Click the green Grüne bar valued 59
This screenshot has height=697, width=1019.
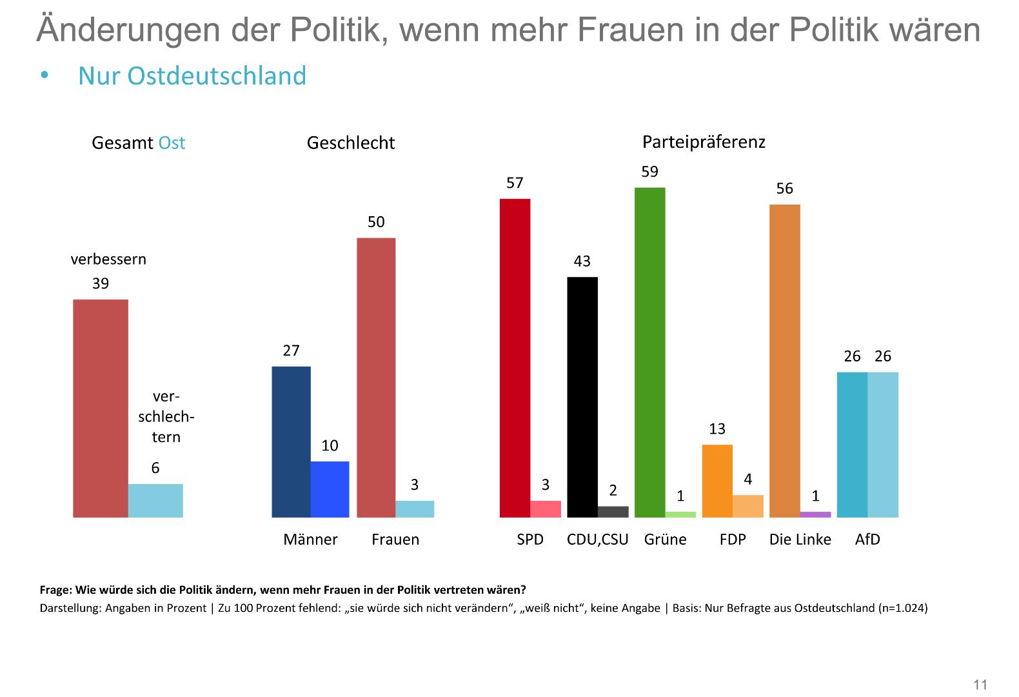tap(649, 352)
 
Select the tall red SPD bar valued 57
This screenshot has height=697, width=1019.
tap(515, 358)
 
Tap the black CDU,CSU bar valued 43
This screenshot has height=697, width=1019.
tap(582, 397)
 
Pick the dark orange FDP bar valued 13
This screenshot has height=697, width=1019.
tap(717, 481)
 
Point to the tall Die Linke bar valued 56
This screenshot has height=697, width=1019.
tap(784, 361)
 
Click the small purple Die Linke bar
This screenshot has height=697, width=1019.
tap(815, 514)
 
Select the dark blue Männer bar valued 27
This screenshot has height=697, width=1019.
tap(291, 442)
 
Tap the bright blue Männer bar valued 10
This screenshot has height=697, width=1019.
tap(330, 489)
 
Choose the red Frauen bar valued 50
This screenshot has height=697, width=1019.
tap(376, 378)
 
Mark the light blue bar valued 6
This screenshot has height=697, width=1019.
tap(155, 501)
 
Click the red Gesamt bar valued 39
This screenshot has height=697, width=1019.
tap(101, 409)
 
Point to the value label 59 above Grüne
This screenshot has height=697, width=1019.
tap(649, 172)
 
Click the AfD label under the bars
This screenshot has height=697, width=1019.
tap(867, 540)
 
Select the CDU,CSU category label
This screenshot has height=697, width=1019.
tap(597, 540)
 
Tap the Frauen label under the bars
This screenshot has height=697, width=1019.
tap(395, 540)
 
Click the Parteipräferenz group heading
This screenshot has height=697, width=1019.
tap(704, 142)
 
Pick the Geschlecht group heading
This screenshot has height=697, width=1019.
tap(350, 143)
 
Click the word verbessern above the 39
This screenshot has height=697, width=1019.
tap(108, 259)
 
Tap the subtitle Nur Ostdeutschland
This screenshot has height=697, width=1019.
tap(192, 76)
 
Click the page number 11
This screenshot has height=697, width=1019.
tap(980, 685)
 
